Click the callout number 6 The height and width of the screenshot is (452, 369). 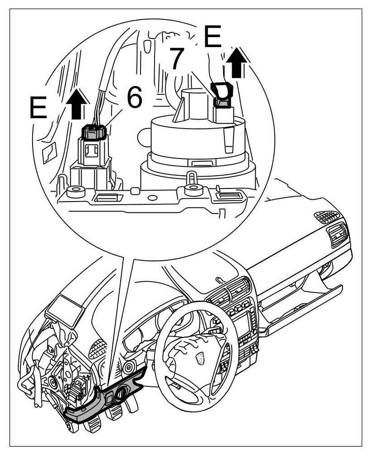tap(134, 98)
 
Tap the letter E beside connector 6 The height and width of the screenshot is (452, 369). tap(38, 107)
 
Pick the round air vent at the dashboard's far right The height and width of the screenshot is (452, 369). tap(339, 236)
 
